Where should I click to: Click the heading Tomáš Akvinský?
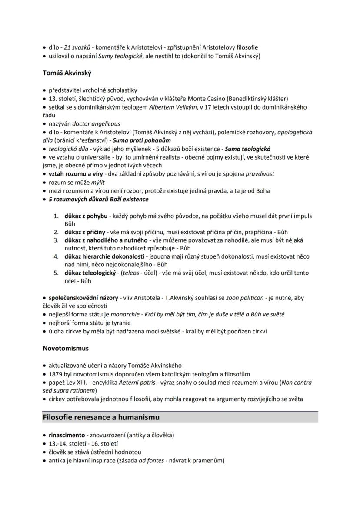coord(67,73)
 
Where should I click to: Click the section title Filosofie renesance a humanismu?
coord(101,417)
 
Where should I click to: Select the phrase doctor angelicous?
coord(96,124)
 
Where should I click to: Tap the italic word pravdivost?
coord(260,174)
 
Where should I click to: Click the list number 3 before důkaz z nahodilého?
coord(56,240)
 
